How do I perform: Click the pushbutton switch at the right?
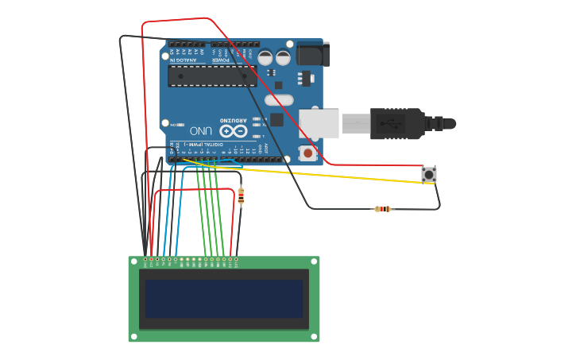click(429, 174)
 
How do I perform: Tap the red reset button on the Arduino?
click(307, 153)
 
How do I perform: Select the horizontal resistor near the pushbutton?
click(383, 209)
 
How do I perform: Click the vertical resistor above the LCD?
click(241, 195)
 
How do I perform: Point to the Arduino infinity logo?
click(233, 131)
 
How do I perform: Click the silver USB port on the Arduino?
click(319, 124)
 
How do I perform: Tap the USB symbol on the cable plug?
click(389, 124)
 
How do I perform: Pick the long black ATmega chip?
click(212, 75)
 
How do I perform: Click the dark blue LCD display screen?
click(224, 298)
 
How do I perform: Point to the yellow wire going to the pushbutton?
click(334, 173)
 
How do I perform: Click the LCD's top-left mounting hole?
click(133, 261)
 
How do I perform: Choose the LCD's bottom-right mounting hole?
click(315, 338)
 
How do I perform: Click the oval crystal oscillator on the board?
click(279, 100)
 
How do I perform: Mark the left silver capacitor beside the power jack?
click(265, 57)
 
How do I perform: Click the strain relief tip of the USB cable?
click(450, 124)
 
